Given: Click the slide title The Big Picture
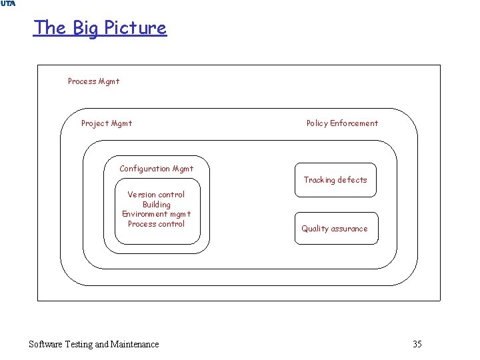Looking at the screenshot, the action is tap(100, 28).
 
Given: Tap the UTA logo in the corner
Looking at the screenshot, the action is tap(7, 4).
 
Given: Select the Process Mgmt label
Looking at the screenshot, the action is tap(94, 81).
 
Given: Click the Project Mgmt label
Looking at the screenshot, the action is tap(107, 123).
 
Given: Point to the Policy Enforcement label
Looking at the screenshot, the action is tap(342, 123).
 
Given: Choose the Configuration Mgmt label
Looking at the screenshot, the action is tap(157, 169).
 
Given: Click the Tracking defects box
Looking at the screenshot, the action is tap(335, 180).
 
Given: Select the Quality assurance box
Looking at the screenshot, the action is tap(335, 229).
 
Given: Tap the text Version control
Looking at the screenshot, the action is tap(156, 195).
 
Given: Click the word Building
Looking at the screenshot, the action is tap(156, 205).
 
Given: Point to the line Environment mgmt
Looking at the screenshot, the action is tap(156, 214).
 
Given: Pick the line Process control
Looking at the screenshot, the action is tap(156, 224).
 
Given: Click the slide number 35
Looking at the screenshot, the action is tap(417, 344).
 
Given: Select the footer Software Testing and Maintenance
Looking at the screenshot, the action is tap(94, 344).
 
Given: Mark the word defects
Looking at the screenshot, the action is tap(352, 180).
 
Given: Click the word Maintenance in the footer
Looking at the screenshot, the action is tap(135, 344).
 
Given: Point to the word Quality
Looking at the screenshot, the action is tap(314, 229).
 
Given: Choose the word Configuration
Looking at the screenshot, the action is tap(145, 169).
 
